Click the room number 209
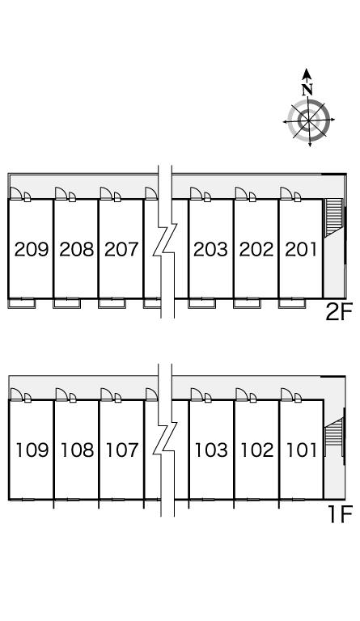click(32, 250)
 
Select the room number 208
click(76, 250)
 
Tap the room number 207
click(121, 250)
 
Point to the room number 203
click(210, 250)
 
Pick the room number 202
click(256, 250)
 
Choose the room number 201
click(301, 250)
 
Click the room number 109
click(32, 450)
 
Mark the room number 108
click(77, 450)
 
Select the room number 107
click(122, 450)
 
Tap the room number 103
click(211, 450)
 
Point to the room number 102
click(257, 450)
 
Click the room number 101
click(302, 450)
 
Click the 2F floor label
click(339, 312)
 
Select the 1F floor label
click(340, 514)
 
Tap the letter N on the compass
click(307, 90)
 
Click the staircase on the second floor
click(333, 218)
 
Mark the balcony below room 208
click(67, 303)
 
